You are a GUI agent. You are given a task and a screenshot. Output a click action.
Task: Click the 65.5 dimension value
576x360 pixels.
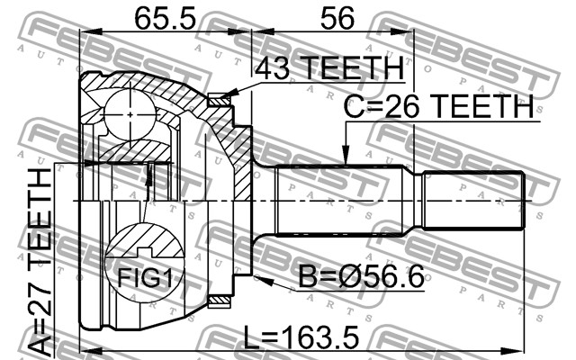pos(166,19)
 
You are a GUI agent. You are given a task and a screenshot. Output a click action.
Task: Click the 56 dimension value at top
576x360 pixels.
pos(337,19)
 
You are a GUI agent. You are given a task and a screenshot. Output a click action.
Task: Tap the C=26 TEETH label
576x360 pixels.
pos(438,106)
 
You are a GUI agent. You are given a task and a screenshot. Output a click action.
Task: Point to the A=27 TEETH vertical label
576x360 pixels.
pos(40,261)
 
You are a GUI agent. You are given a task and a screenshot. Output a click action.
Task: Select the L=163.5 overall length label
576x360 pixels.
pos(301,337)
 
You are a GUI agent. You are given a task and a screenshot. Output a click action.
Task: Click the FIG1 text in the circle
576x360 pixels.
pos(145,277)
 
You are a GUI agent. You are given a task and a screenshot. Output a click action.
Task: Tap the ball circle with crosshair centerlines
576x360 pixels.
pos(130,115)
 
